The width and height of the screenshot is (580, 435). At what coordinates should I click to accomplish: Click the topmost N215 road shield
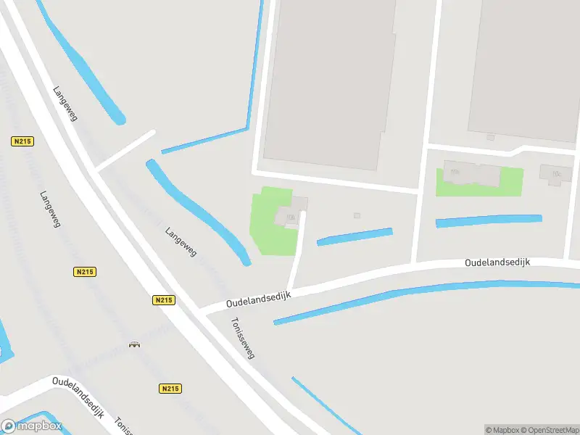[x=21, y=141]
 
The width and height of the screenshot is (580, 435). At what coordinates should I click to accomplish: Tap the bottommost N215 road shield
[x=169, y=389]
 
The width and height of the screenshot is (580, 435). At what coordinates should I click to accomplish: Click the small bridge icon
[x=133, y=344]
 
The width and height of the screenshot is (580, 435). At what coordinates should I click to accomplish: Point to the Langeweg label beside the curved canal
[x=181, y=241]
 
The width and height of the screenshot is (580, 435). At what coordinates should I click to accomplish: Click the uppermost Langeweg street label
[x=65, y=104]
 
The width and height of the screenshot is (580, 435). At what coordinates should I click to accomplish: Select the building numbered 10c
[x=555, y=173]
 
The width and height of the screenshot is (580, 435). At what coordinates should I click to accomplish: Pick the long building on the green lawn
[x=472, y=174]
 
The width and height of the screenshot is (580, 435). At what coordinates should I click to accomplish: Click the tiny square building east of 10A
[x=357, y=215]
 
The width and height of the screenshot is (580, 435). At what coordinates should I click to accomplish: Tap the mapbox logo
[x=32, y=426]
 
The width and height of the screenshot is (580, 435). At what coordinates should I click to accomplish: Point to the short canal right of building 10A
[x=355, y=236]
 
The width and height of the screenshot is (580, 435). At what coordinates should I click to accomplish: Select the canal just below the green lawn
[x=489, y=220]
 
